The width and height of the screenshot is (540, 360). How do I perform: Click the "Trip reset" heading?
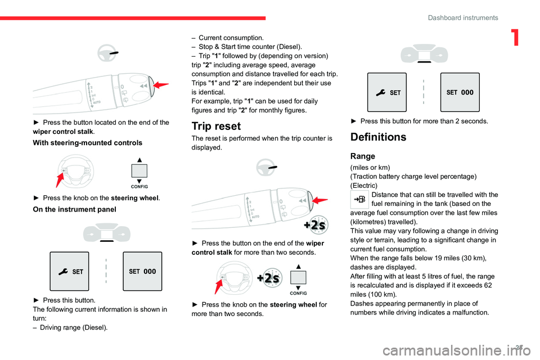click(x=216, y=127)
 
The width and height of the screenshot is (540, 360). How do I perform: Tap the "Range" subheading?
click(x=362, y=155)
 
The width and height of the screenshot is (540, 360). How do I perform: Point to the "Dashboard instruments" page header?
click(x=462, y=18)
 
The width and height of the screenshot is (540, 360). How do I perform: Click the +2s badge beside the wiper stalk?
click(x=314, y=224)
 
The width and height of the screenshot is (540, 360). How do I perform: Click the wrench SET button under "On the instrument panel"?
click(x=69, y=271)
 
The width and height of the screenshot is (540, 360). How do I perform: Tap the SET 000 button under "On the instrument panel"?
click(x=142, y=271)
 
